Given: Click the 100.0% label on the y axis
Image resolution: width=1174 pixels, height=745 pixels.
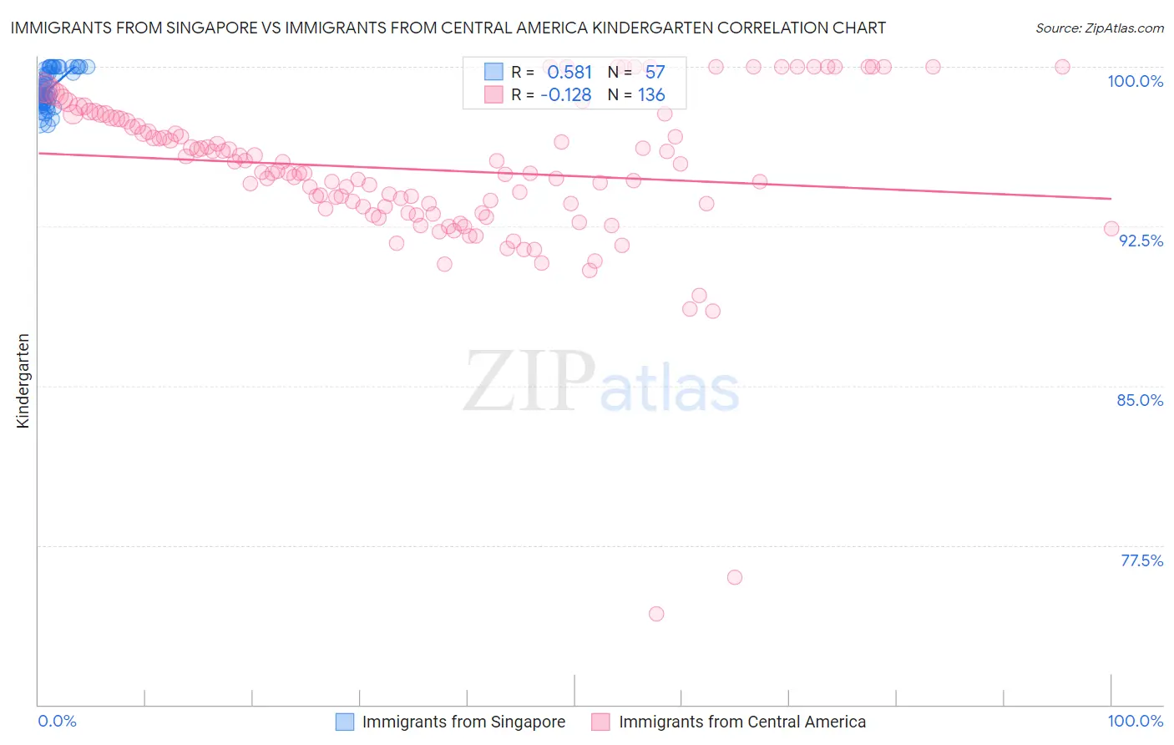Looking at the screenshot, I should point(1135,81).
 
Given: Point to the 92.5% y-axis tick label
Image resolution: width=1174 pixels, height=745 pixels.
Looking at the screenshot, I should point(1141,241).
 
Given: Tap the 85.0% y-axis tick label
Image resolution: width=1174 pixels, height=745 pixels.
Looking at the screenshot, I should point(1140,400).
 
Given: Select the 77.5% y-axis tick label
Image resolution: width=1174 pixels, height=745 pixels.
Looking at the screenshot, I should point(1141,560).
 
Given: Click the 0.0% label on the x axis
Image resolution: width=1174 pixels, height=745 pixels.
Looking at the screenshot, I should point(58,721).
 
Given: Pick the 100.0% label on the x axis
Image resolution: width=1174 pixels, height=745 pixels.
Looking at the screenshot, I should point(1135,721).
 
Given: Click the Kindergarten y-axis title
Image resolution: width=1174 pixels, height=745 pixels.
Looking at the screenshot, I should point(23,381).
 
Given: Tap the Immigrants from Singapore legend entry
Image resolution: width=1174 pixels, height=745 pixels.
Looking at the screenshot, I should point(463,722).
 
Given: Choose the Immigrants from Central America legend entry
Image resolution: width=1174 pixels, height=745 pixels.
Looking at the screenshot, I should point(741,722).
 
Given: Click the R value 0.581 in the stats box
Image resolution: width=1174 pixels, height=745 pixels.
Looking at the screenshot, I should point(569,73).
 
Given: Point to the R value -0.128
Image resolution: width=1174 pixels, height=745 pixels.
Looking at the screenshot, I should point(565,95).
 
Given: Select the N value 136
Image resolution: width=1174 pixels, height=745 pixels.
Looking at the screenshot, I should point(651,95).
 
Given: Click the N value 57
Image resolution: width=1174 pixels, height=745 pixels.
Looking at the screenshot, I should point(655,73).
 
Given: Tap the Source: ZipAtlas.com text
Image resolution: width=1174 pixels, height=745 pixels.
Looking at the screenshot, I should point(1099,28).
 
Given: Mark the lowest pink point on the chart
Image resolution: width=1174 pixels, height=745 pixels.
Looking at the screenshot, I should point(656,614).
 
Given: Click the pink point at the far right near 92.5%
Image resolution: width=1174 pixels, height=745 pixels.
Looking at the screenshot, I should point(1111,229).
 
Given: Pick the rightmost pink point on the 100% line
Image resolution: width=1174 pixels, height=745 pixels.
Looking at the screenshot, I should point(1062,67).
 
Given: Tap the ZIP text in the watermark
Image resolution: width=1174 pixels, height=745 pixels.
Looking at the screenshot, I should point(529,381).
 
